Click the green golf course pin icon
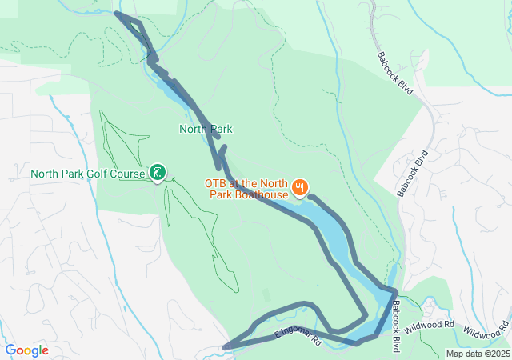158,171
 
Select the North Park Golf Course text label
87,173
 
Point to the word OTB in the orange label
216,182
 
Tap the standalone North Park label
206,128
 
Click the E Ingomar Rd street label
298,336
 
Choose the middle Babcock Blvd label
414,172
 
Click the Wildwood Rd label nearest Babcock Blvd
429,327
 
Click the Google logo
26,350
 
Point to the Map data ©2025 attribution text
477,354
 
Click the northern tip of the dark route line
117,12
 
